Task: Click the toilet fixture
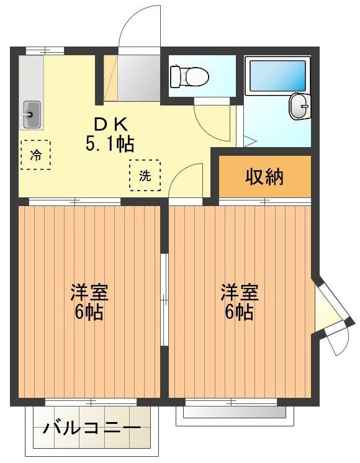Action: pos(189,76)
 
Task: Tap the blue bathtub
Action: pos(277,76)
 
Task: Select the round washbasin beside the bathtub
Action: pos(299,106)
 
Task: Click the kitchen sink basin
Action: pos(32,114)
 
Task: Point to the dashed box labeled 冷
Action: pos(36,155)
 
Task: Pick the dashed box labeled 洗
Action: pos(145,175)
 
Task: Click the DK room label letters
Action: pos(110,125)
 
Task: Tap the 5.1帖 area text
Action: pos(110,144)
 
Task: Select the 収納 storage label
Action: pos(264,177)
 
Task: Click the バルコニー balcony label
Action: pos(92,428)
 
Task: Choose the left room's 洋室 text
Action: pos(89,292)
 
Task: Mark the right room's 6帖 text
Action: pos(239,312)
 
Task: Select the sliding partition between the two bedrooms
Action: pos(164,299)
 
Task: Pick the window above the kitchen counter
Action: pos(45,51)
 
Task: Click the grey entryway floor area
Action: pos(139,78)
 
